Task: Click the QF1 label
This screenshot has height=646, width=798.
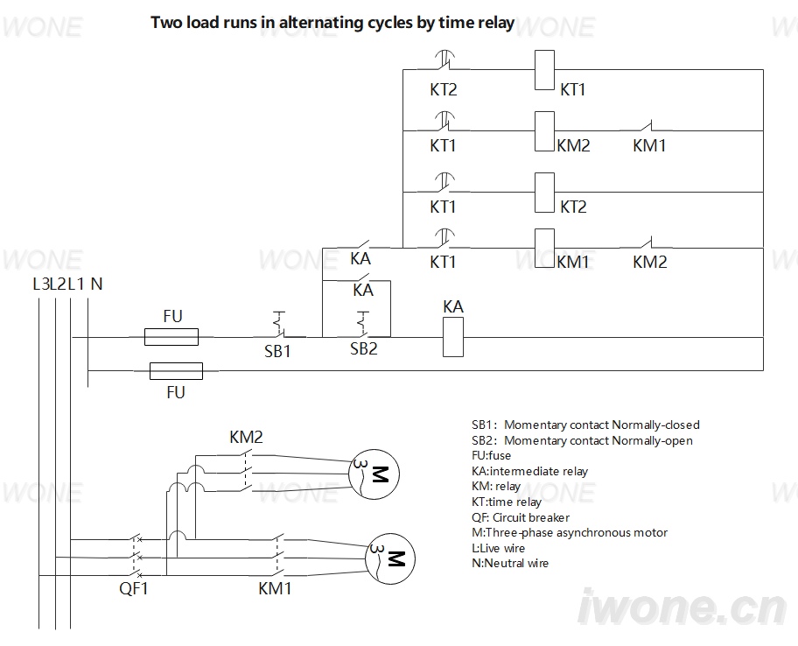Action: click(x=133, y=588)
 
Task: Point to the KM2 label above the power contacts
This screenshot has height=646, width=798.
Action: click(x=247, y=437)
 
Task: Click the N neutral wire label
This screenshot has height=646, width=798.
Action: click(x=97, y=284)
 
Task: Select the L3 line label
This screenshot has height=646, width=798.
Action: click(x=41, y=284)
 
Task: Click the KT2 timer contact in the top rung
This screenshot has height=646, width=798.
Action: click(x=444, y=61)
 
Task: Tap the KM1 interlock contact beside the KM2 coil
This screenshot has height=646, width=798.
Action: click(x=647, y=127)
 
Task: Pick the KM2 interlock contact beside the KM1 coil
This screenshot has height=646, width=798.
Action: click(x=647, y=243)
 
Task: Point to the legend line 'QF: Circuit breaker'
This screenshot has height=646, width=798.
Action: click(x=521, y=517)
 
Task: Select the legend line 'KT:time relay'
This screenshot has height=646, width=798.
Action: click(x=507, y=502)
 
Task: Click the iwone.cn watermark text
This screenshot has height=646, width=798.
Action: click(x=682, y=607)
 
